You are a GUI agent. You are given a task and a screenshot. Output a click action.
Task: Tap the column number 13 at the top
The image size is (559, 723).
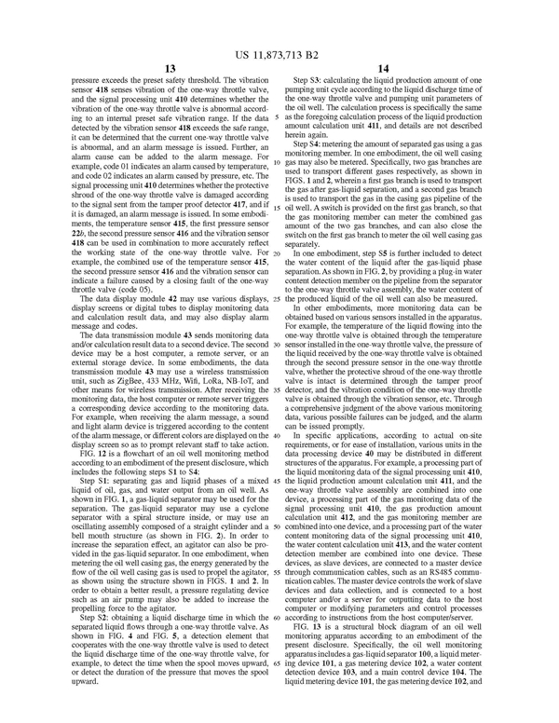(x=170, y=67)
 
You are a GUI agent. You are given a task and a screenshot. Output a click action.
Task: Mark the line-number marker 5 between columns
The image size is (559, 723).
(x=280, y=118)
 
